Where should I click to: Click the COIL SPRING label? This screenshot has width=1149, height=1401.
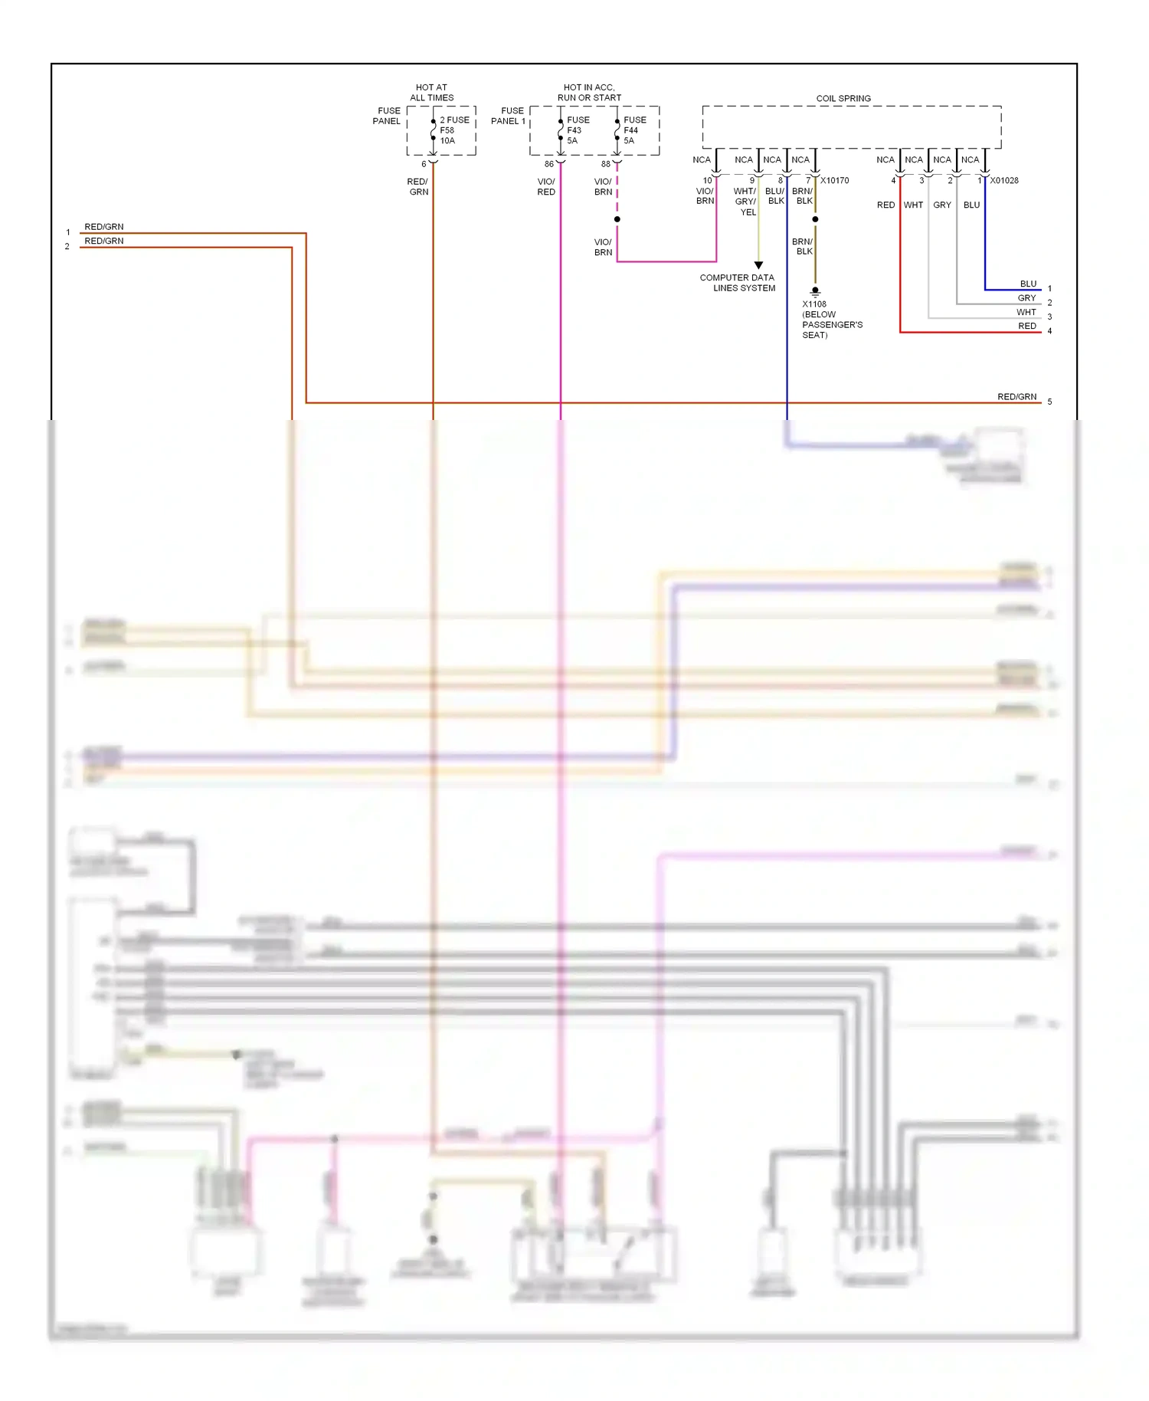pos(843,98)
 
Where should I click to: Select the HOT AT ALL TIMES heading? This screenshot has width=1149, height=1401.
pos(431,92)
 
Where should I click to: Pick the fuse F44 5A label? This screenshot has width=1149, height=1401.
pos(634,130)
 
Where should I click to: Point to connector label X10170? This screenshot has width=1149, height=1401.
pos(834,181)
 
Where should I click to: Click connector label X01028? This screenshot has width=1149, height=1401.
pos(1003,181)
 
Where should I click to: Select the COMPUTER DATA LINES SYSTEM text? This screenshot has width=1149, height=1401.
pos(737,283)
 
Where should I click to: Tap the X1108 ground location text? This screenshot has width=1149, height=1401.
pos(831,320)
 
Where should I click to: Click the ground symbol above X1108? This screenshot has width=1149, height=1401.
pos(815,292)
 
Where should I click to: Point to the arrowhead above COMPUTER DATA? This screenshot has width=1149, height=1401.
pos(758,265)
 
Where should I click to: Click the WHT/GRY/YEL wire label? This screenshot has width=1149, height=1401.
pos(745,202)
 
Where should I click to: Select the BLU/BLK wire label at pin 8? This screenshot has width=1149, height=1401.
pos(775,196)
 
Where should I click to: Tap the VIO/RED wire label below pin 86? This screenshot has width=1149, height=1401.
pos(546,187)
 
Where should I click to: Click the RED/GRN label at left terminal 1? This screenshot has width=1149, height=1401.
pos(103,227)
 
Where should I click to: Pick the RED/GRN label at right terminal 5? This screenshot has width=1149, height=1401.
pos(1016,397)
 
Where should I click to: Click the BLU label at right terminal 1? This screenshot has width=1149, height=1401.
pos(1028,284)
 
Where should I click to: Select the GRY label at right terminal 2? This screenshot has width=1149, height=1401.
pos(1026,298)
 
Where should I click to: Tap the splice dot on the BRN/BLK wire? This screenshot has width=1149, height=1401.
pos(815,219)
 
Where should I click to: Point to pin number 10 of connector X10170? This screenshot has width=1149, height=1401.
pos(707,181)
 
